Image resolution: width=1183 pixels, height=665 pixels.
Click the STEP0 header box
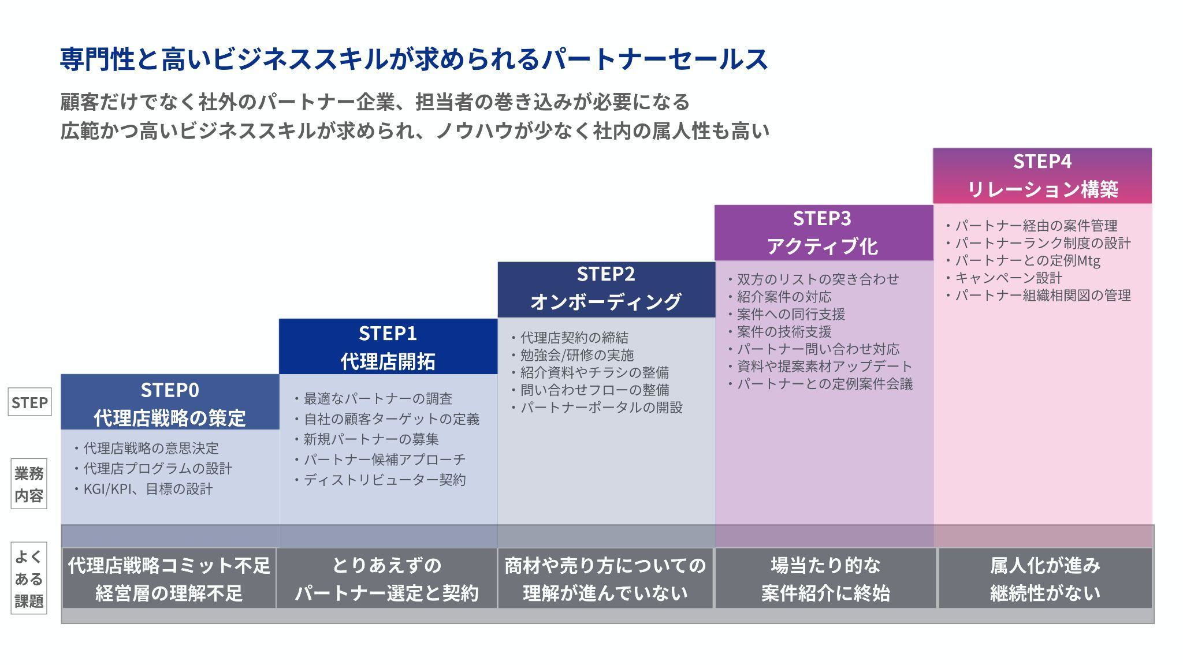coord(170,402)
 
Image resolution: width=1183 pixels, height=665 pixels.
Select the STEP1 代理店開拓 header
coord(388,347)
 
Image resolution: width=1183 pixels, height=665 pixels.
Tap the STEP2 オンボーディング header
coord(606,288)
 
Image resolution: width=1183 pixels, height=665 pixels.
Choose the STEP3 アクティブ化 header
coord(823,232)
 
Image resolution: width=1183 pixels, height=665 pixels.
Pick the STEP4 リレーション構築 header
coord(1042,175)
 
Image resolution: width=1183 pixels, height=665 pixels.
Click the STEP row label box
coord(29,402)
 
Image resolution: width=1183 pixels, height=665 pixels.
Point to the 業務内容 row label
coord(29,484)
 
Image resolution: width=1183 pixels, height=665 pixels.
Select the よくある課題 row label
coord(29,578)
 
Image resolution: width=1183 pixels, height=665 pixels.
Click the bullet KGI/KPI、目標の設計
coord(148,490)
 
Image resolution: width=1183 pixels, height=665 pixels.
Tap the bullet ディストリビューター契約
coord(385,480)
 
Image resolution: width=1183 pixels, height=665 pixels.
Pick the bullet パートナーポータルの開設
coord(601,408)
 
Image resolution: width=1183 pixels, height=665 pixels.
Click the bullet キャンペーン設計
coord(1009,278)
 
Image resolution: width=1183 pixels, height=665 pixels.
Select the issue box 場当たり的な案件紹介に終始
coord(825,578)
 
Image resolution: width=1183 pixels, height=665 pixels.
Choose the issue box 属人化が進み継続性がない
coord(1045,578)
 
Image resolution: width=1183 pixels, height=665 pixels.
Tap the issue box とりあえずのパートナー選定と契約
coord(386,578)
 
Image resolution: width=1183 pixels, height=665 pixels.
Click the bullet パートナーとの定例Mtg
coord(1027,260)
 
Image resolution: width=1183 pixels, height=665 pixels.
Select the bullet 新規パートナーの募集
coord(371,439)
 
